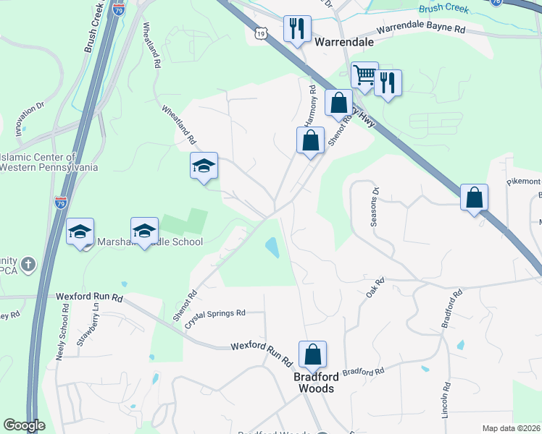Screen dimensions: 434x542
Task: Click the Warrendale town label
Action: click(x=344, y=42)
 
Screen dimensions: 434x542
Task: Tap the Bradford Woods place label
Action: click(x=314, y=383)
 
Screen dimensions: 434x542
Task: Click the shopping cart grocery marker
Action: click(x=364, y=75)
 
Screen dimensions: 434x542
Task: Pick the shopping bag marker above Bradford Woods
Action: click(x=312, y=354)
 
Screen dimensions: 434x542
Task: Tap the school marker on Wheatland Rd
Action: click(x=204, y=166)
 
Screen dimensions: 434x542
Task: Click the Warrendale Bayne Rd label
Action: click(x=421, y=30)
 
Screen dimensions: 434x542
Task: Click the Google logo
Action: click(x=25, y=425)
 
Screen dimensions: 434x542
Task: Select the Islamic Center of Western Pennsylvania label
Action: click(x=49, y=162)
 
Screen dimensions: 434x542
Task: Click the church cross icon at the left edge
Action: click(x=28, y=263)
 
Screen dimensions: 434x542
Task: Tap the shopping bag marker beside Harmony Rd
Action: click(x=310, y=140)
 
